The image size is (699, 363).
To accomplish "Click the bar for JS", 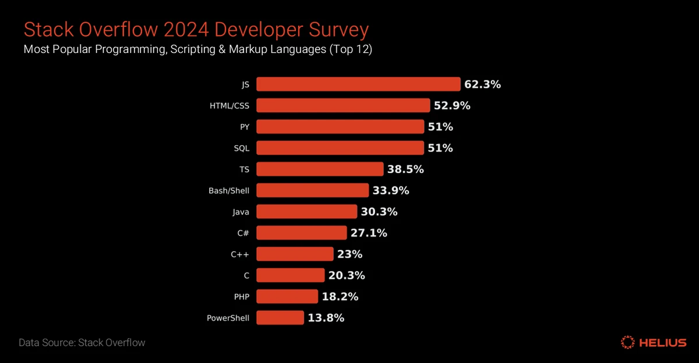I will pos(358,84).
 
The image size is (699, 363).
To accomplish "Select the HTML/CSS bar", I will pos(343,105).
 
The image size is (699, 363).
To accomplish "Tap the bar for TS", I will pos(320,169).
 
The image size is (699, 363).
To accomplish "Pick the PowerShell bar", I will pos(280,318).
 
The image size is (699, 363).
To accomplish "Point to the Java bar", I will pos(306,212).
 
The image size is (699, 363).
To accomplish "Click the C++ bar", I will pos(295,254).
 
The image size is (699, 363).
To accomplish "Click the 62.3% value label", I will pos(482,84).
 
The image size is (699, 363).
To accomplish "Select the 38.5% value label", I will pos(405,169).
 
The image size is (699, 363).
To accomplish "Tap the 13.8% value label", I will pos(326,318).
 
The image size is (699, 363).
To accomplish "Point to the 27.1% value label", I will pos(369,233).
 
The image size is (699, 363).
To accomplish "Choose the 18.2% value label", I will pos(340,297).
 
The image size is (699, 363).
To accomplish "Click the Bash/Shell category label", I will pos(229,191).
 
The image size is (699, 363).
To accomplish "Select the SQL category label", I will pos(241,148).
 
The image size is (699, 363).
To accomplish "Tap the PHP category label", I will pos(241,297).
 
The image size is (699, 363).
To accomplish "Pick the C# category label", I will pos(243,233).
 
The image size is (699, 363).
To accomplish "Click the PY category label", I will pos(245,127).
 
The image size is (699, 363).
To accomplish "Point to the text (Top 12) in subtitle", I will pos(350,50).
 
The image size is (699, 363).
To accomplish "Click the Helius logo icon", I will pos(628,342).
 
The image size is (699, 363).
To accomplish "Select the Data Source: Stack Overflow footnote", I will pos(82,343).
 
